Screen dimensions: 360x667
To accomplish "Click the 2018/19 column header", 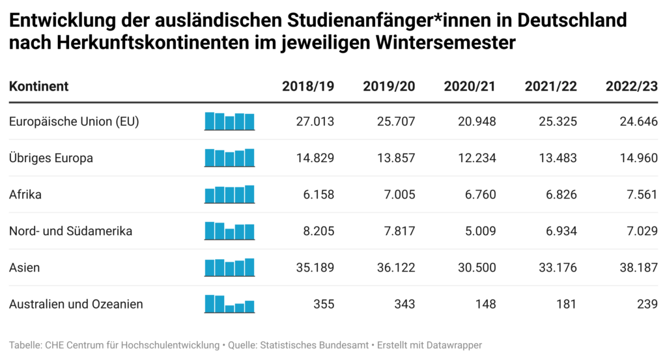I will coord(308,87).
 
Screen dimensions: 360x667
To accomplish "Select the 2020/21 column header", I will coord(470,87).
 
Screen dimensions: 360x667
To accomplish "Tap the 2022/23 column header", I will coord(631,87).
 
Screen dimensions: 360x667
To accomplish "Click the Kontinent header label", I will coord(39,87).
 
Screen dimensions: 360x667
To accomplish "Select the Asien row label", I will coord(25,267).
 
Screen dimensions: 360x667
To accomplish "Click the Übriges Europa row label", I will coord(51,158).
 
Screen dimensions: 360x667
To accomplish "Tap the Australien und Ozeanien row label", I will coord(76,303).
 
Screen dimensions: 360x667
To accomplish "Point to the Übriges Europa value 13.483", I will coord(559,158).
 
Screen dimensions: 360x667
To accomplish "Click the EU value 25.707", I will coord(397,121).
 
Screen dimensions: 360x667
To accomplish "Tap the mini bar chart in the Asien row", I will coord(229,268).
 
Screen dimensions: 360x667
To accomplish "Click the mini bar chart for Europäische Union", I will coord(229,122).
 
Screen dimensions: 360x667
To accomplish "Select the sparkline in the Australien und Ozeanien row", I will coord(229,304).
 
